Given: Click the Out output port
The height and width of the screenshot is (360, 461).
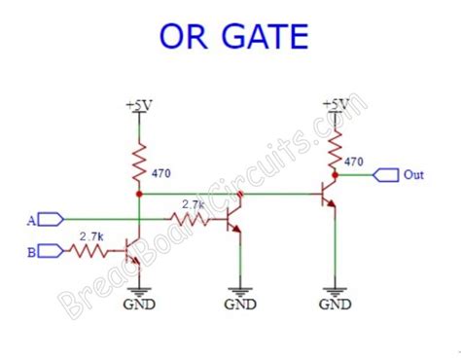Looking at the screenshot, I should [387, 175].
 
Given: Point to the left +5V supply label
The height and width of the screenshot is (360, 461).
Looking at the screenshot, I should [138, 103].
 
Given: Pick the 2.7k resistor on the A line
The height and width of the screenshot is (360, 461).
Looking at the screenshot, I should [193, 220].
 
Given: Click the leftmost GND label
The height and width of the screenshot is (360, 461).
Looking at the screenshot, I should [138, 304].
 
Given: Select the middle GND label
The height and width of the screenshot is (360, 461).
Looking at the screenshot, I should [240, 304].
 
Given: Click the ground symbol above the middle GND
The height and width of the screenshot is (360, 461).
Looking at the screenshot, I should [240, 287].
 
